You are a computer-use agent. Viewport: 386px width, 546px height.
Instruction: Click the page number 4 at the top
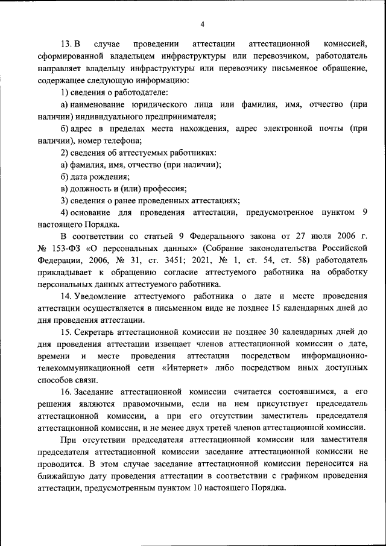tap(203, 24)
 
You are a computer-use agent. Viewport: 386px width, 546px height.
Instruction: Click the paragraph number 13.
tap(66, 45)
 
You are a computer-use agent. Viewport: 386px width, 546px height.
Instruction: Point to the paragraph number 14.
tap(66, 296)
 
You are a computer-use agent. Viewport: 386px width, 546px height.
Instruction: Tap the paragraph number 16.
tap(66, 392)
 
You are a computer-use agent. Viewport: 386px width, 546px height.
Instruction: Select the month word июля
tap(317, 236)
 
